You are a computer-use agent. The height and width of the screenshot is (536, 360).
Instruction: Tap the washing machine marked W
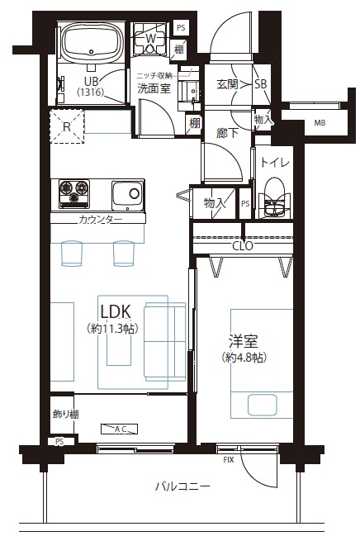[x=149, y=40]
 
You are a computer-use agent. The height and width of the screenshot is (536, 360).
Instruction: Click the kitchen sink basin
[x=127, y=195]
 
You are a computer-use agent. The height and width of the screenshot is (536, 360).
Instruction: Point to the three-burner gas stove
[x=73, y=194]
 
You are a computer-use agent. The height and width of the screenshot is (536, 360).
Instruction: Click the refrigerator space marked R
[x=67, y=126]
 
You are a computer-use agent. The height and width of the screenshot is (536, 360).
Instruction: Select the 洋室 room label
[x=244, y=341]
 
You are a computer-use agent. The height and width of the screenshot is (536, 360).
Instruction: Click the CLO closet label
[x=242, y=246]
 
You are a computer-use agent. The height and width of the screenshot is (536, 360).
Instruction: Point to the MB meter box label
[x=320, y=123]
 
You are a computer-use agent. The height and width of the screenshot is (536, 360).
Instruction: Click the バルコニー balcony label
[x=182, y=486]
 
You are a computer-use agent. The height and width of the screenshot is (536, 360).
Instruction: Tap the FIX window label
[x=229, y=460]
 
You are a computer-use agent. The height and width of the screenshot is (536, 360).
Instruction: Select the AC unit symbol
[x=120, y=429]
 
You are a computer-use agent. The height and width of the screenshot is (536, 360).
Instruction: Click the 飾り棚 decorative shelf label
[x=66, y=415]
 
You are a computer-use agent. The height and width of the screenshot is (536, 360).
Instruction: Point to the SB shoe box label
[x=261, y=83]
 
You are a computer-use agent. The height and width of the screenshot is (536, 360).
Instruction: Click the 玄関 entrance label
[x=227, y=84]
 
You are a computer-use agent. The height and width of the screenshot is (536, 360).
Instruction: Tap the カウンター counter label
[x=101, y=220]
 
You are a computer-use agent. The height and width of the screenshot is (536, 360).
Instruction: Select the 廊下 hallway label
[x=227, y=133]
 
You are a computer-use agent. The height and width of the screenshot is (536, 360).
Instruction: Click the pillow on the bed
[x=262, y=405]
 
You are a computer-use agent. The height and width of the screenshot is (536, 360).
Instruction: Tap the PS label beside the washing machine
[x=181, y=28]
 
